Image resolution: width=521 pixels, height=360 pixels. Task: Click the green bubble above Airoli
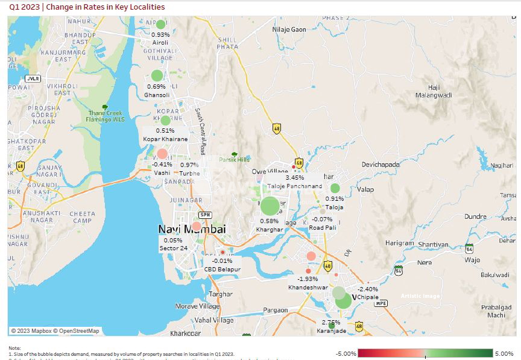pyautogui.click(x=160, y=25)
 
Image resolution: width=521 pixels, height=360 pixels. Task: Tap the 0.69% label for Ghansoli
pyautogui.click(x=156, y=87)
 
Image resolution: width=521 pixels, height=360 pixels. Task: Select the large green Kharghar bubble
pyautogui.click(x=270, y=206)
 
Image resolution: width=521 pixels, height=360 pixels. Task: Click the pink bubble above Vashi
pyautogui.click(x=162, y=153)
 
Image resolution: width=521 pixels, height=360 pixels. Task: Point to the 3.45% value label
pyautogui.click(x=294, y=177)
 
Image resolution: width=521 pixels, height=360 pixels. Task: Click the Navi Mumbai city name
pyautogui.click(x=192, y=229)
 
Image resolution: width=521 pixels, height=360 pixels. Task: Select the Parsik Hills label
pyautogui.click(x=234, y=160)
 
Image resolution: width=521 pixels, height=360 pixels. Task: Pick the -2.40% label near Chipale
pyautogui.click(x=368, y=289)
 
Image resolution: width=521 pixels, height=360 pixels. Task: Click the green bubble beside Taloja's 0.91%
pyautogui.click(x=335, y=188)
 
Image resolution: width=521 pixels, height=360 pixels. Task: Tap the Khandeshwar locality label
pyautogui.click(x=308, y=288)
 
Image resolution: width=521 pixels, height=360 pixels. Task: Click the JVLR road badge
pyautogui.click(x=33, y=78)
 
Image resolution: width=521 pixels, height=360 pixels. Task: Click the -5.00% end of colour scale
pyautogui.click(x=347, y=353)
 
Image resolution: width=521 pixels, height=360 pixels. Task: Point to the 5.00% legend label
pyautogui.click(x=504, y=353)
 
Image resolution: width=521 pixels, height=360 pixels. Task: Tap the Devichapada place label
pyautogui.click(x=380, y=164)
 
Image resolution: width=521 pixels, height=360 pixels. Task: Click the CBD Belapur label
pyautogui.click(x=222, y=269)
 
